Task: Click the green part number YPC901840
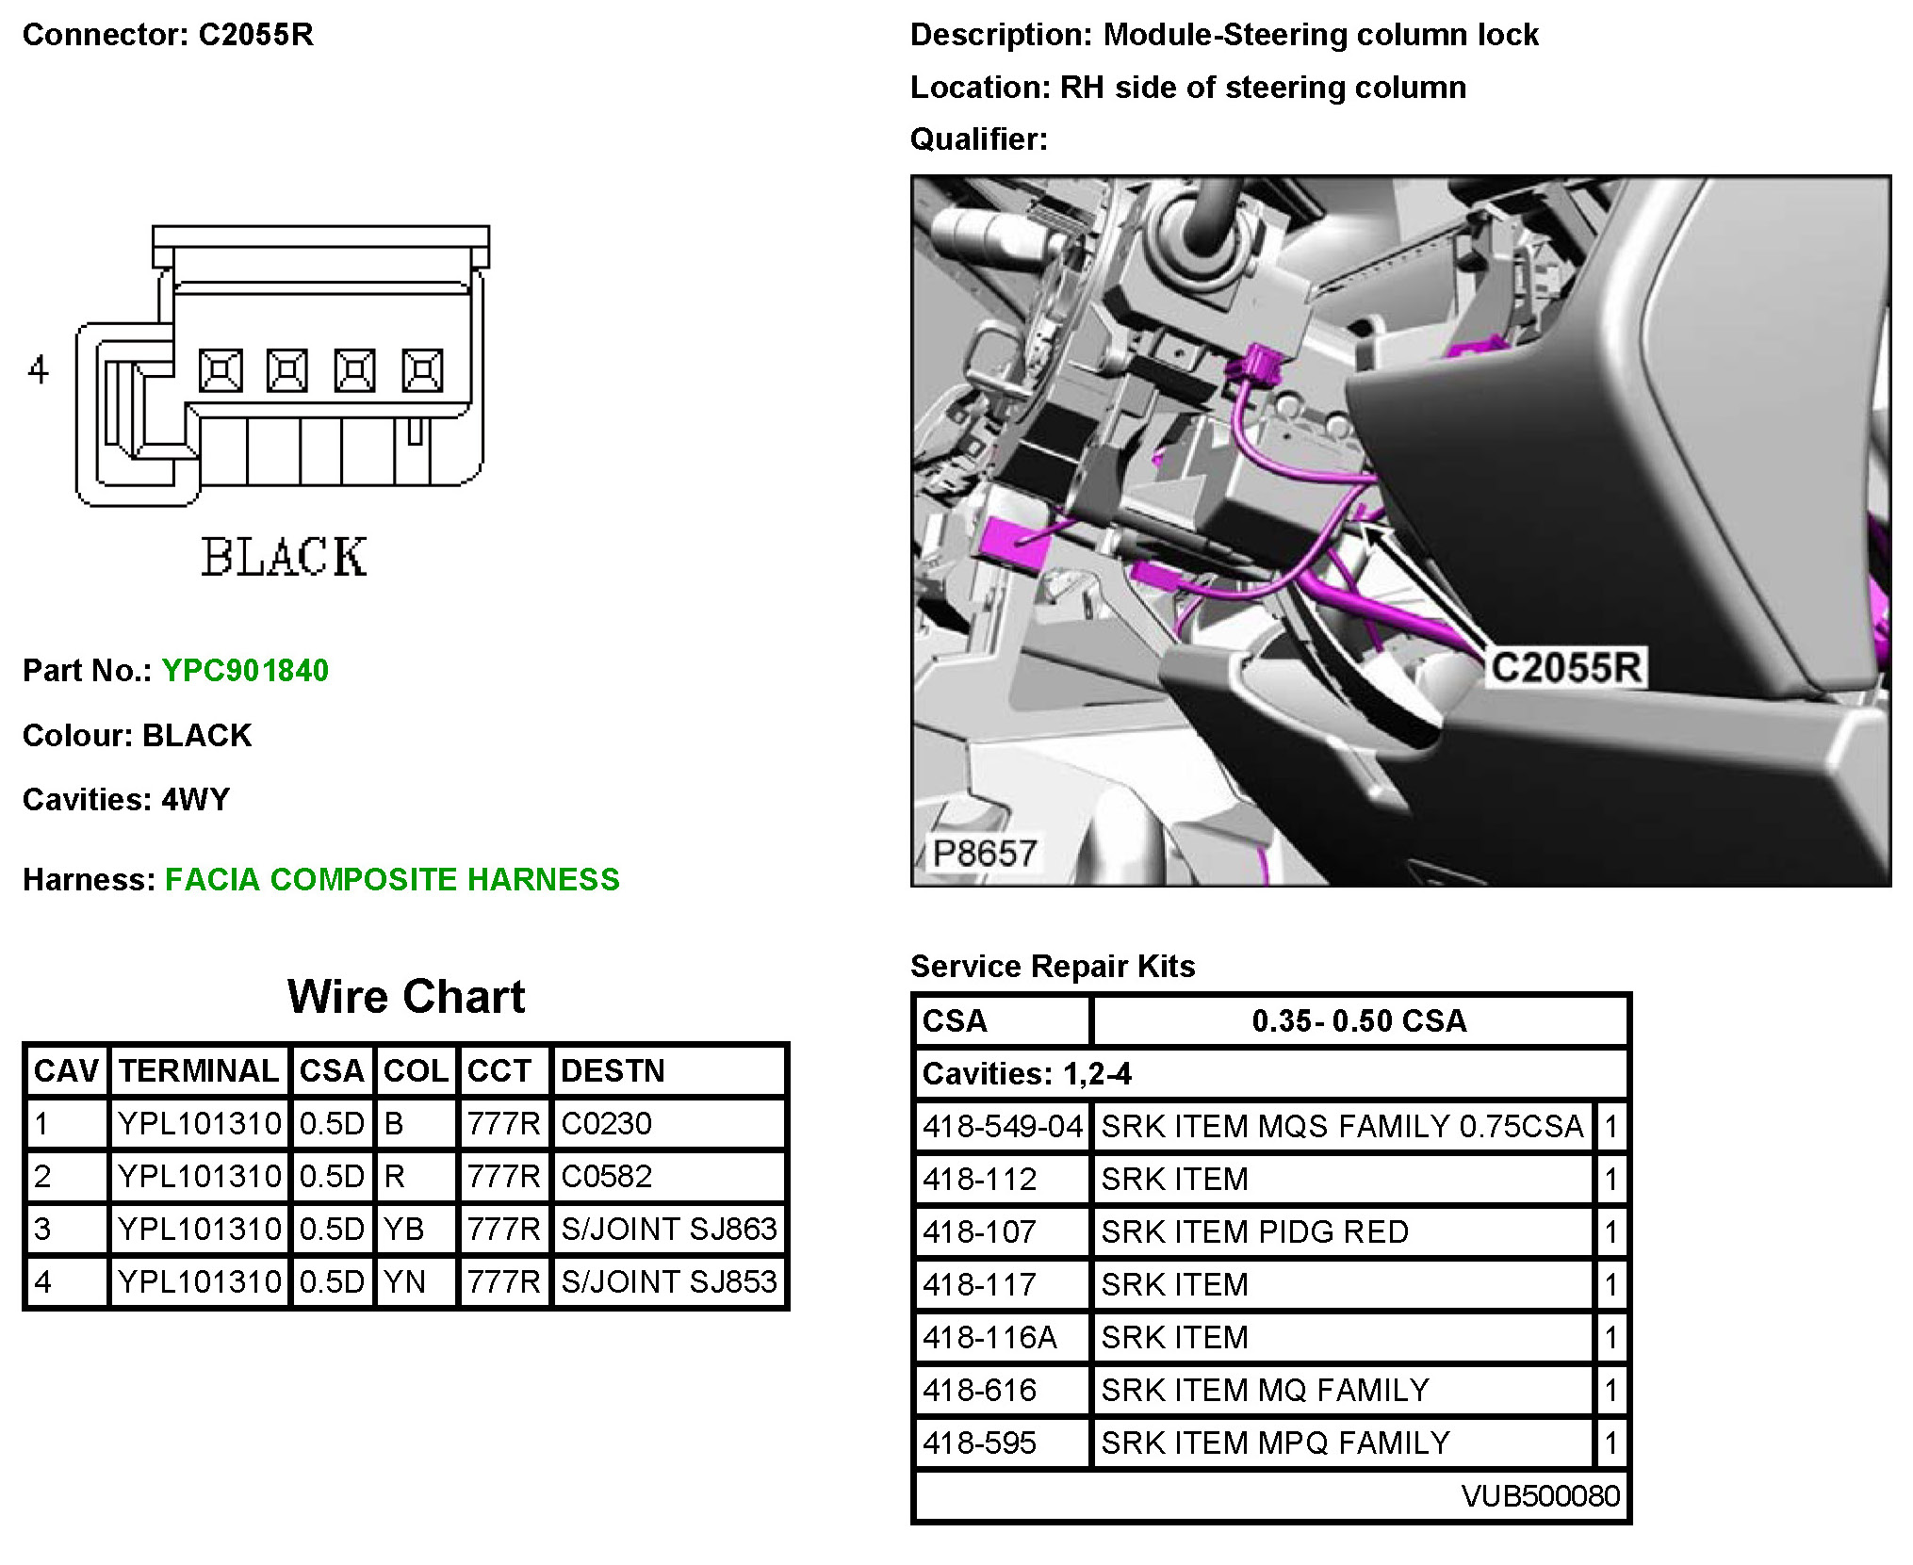point(245,670)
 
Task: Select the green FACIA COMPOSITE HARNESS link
point(392,879)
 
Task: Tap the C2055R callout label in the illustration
point(1566,667)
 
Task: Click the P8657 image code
point(985,853)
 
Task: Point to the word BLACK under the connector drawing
point(284,557)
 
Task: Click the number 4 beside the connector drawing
point(38,369)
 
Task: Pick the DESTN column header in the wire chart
point(613,1070)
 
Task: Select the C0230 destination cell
point(606,1123)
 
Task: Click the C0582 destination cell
point(606,1176)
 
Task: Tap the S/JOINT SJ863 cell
point(668,1229)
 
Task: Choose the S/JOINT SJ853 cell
point(668,1281)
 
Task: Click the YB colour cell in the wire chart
point(403,1229)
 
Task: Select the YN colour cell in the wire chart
point(403,1281)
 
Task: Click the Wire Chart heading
point(405,996)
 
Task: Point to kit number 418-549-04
point(1002,1126)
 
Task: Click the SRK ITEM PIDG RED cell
point(1254,1231)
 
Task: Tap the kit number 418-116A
point(989,1337)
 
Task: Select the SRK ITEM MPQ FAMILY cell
point(1275,1443)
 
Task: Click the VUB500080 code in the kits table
point(1540,1495)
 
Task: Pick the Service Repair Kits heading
point(1052,966)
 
